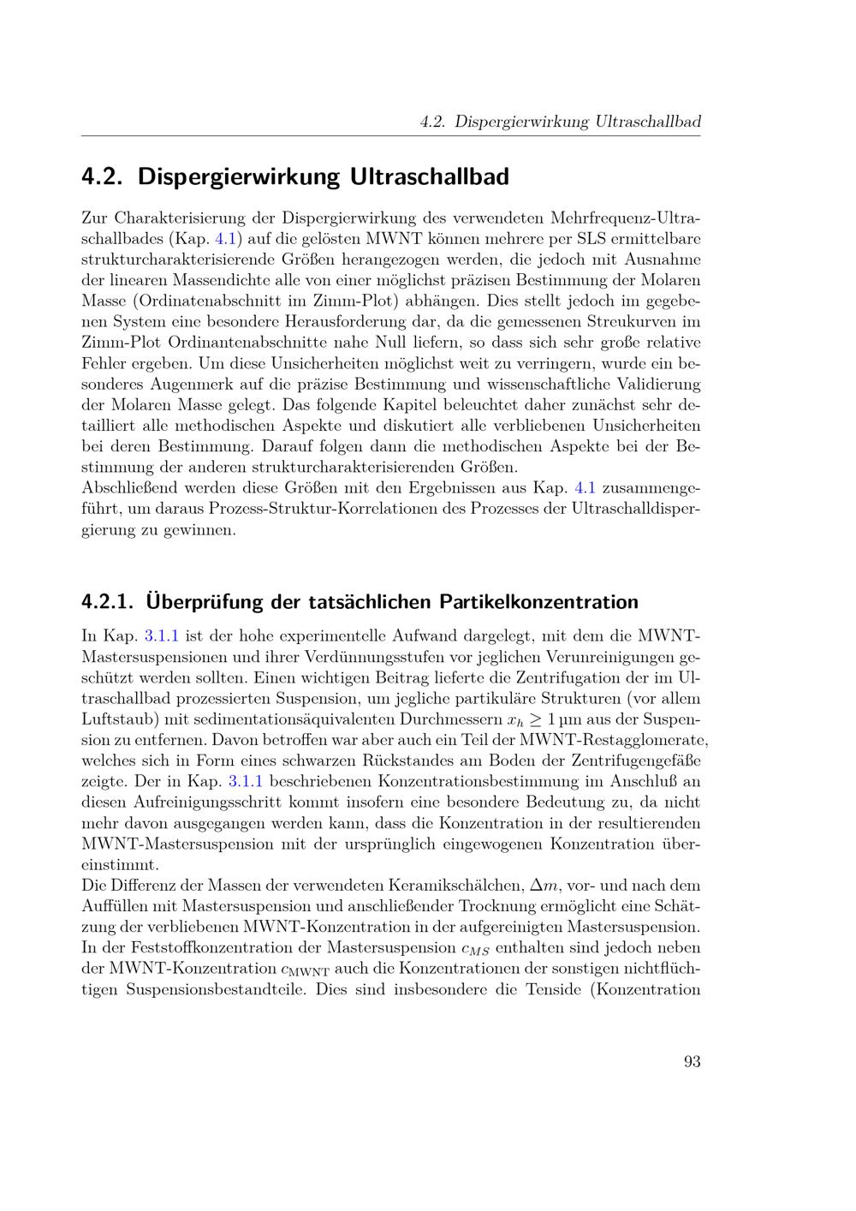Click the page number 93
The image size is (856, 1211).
(693, 1062)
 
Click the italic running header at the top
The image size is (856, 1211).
(561, 122)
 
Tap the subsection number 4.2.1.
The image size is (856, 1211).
(107, 601)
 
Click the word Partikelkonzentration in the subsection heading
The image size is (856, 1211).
(538, 601)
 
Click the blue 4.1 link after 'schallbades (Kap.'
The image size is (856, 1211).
(230, 238)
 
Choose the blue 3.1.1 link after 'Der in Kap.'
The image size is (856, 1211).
(246, 781)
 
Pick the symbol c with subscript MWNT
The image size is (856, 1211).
(305, 969)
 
